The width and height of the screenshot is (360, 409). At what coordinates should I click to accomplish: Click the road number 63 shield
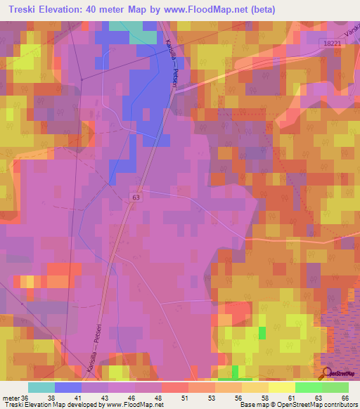(x=134, y=199)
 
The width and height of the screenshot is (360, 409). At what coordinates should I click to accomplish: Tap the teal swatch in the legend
(x=41, y=387)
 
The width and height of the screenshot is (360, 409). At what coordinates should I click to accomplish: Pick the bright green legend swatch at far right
(x=335, y=387)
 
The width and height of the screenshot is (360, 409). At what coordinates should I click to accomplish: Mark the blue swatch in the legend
(x=68, y=387)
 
